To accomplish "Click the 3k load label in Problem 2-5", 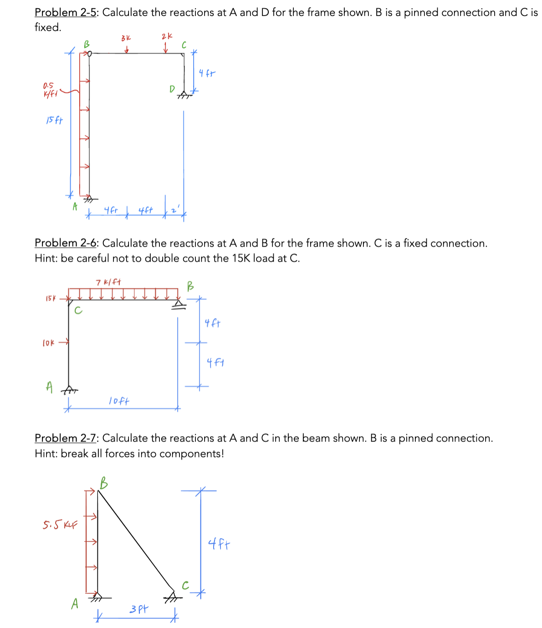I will [x=126, y=38].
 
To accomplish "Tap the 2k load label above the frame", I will [x=167, y=36].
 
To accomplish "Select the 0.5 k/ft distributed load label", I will [x=49, y=90].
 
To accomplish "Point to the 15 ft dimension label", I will [x=54, y=121].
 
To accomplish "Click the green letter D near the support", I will [x=172, y=89].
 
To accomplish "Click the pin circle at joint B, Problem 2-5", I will [x=89, y=54].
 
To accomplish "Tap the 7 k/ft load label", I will [x=108, y=282].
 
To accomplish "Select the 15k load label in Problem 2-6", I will [x=51, y=299].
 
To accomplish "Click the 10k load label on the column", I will [x=48, y=343].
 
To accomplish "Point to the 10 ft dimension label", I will [x=119, y=401].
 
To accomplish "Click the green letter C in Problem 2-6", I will [x=78, y=311].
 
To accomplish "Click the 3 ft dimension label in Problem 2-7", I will [x=138, y=609].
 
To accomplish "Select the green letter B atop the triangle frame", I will [x=104, y=482].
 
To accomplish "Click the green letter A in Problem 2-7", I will [x=75, y=604].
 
